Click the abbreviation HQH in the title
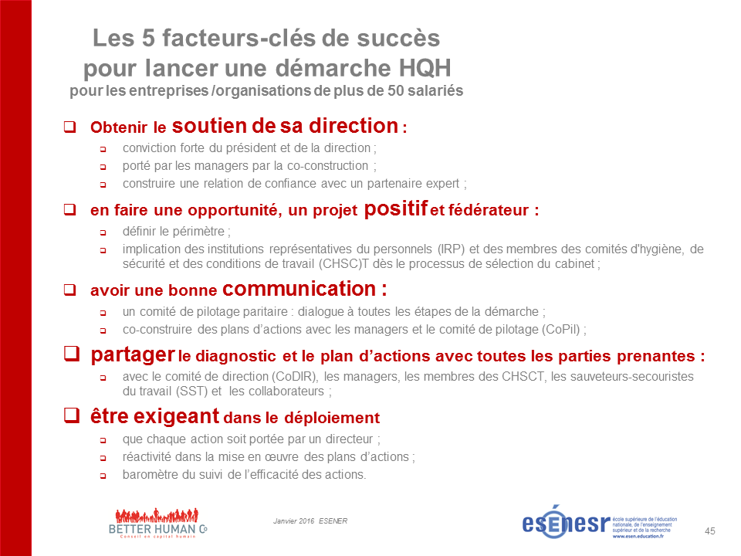coord(425,68)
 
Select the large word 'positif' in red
coord(395,209)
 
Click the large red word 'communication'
coord(299,289)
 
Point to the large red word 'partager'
coord(133,354)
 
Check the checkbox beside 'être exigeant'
coord(72,415)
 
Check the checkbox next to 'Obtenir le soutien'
coord(70,126)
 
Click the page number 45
coord(710,531)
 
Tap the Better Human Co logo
coord(157,524)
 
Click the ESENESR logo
coord(599,522)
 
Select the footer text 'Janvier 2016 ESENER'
coord(310,521)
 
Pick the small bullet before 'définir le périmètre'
coord(103,232)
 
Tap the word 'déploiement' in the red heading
coord(332,418)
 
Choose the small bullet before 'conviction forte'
coord(103,149)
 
